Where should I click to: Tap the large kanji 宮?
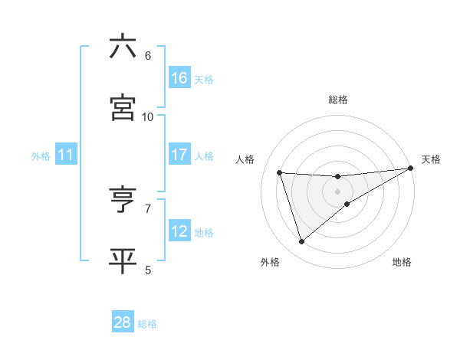pos(123,107)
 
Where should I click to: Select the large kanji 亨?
pos(123,200)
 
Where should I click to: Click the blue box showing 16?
pos(179,78)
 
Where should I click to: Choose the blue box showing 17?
pos(179,155)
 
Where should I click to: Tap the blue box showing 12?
pos(179,231)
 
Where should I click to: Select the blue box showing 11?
pos(65,155)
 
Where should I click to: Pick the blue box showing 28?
pos(123,322)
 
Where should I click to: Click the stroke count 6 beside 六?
pos(148,56)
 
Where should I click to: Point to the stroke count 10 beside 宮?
pos(148,116)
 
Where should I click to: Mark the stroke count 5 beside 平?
pos(148,270)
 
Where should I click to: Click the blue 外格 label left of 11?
pos(41,156)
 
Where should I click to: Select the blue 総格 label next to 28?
pos(147,324)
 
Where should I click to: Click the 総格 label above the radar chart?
pos(338,100)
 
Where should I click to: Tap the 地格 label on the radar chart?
pos(402,263)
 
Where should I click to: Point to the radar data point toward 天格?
pos(411,169)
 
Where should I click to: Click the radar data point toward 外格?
pos(301,242)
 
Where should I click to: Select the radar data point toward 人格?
pos(280,172)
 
